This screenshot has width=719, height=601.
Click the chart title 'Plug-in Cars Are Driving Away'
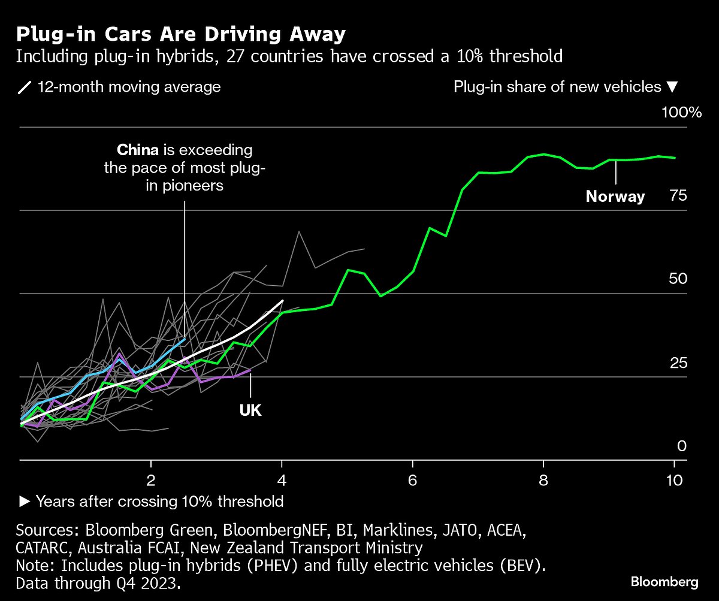pyautogui.click(x=180, y=34)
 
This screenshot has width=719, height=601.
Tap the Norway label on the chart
pyautogui.click(x=615, y=197)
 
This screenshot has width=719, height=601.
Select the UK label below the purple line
pyautogui.click(x=250, y=410)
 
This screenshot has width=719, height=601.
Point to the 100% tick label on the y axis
pyautogui.click(x=681, y=113)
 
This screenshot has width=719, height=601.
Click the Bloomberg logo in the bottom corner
pyautogui.click(x=664, y=581)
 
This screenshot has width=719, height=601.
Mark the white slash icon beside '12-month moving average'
pyautogui.click(x=25, y=87)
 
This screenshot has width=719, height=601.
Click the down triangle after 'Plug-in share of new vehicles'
pyautogui.click(x=672, y=87)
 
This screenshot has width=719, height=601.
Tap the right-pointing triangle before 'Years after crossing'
pyautogui.click(x=25, y=501)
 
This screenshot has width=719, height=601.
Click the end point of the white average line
pyautogui.click(x=282, y=301)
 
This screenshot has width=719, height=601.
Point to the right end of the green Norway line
pyautogui.click(x=675, y=158)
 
